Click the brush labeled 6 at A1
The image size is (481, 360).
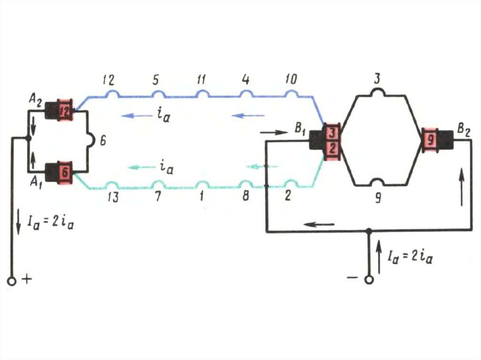64,173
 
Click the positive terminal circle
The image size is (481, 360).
12,281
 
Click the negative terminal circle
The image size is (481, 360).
369,280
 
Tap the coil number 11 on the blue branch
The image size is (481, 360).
201,80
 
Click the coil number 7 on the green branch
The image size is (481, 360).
158,197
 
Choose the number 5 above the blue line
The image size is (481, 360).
155,80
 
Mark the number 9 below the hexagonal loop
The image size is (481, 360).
378,198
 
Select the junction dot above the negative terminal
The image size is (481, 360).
369,231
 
